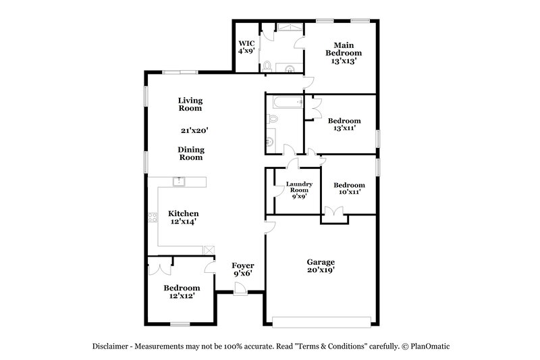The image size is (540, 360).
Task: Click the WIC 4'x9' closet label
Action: tap(246, 47)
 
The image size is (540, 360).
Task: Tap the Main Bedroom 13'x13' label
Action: tap(344, 53)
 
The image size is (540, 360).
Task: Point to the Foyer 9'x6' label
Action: tap(242, 269)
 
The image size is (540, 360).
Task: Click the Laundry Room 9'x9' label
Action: tap(298, 190)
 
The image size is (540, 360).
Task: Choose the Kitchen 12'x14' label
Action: tap(183, 217)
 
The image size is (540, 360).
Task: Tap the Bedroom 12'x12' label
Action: tap(181, 291)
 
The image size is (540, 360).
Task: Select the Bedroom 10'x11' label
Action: tap(350, 188)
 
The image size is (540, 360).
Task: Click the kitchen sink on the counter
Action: tap(180, 180)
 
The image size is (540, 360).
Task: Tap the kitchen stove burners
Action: tap(152, 217)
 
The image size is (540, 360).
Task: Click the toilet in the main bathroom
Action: tap(267, 66)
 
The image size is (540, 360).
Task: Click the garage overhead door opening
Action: tap(320, 319)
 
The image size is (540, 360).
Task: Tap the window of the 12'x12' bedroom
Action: tap(180, 325)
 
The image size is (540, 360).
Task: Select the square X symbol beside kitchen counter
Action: tap(209, 249)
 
